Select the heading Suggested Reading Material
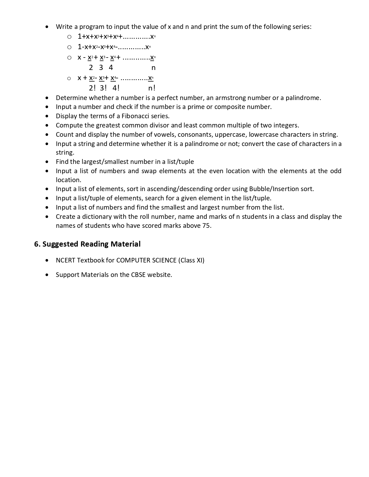[91, 244]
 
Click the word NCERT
[66, 260]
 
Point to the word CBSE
[138, 275]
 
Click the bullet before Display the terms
[47, 116]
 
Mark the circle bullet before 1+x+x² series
[69, 37]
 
